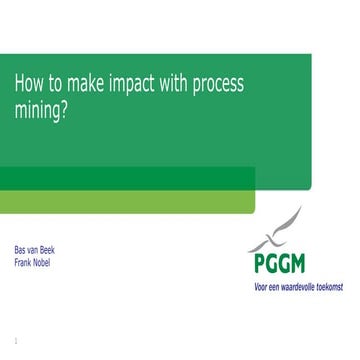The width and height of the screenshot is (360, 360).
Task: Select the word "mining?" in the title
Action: point(41,111)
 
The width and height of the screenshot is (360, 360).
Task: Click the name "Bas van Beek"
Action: point(34,250)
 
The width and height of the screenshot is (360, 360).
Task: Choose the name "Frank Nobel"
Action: point(31,263)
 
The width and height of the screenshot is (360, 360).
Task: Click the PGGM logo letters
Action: point(277,263)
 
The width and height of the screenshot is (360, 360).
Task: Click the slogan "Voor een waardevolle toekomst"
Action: point(297,287)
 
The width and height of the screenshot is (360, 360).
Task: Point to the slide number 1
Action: point(16,340)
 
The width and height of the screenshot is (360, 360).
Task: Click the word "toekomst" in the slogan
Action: point(327,287)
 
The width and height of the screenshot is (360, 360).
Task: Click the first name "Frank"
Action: point(22,263)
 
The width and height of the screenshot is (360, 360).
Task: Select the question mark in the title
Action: point(65,111)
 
